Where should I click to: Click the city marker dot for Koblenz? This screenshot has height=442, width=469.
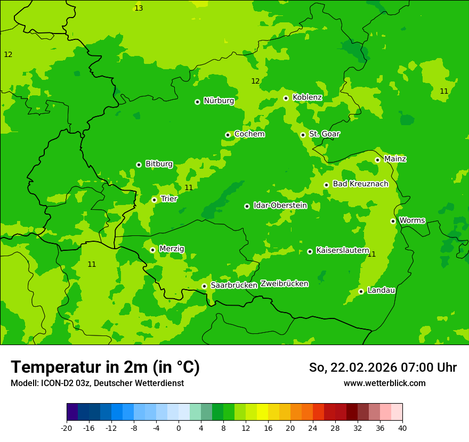click(286, 98)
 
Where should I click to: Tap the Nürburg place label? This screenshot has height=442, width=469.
click(219, 101)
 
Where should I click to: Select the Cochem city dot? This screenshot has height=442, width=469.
click(228, 135)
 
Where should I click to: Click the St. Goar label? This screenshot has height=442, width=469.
click(324, 134)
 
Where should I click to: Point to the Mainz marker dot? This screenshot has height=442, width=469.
click(377, 160)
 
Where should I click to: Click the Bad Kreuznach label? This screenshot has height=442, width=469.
click(360, 184)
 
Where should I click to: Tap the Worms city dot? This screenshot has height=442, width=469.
click(393, 221)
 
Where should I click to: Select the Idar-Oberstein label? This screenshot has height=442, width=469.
click(280, 206)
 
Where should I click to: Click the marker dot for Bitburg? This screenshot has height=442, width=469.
click(139, 165)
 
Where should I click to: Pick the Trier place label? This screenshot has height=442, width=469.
click(169, 199)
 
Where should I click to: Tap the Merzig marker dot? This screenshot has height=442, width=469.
click(152, 250)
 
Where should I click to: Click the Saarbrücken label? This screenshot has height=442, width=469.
click(234, 285)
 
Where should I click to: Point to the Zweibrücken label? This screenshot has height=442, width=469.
click(284, 284)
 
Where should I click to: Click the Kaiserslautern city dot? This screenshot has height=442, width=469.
click(310, 251)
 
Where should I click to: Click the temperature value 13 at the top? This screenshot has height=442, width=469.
click(139, 8)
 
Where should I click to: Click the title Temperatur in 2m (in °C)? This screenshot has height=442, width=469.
click(105, 367)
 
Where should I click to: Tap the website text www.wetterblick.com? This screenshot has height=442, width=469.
click(384, 383)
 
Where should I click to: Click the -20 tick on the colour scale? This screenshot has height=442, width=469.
click(67, 428)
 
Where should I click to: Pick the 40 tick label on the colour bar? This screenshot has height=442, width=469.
click(402, 428)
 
